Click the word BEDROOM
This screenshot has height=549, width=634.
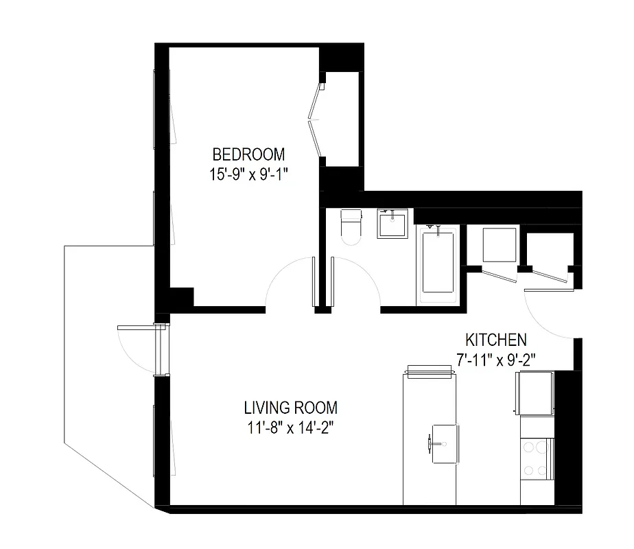248,154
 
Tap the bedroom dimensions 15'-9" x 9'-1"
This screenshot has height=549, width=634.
248,174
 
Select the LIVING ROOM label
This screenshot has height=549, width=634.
291,408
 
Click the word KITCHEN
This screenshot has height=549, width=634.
496,340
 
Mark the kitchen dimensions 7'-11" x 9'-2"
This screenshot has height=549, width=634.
496,359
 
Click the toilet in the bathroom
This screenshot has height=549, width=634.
351,226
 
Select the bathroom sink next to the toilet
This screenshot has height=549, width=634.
392,224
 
